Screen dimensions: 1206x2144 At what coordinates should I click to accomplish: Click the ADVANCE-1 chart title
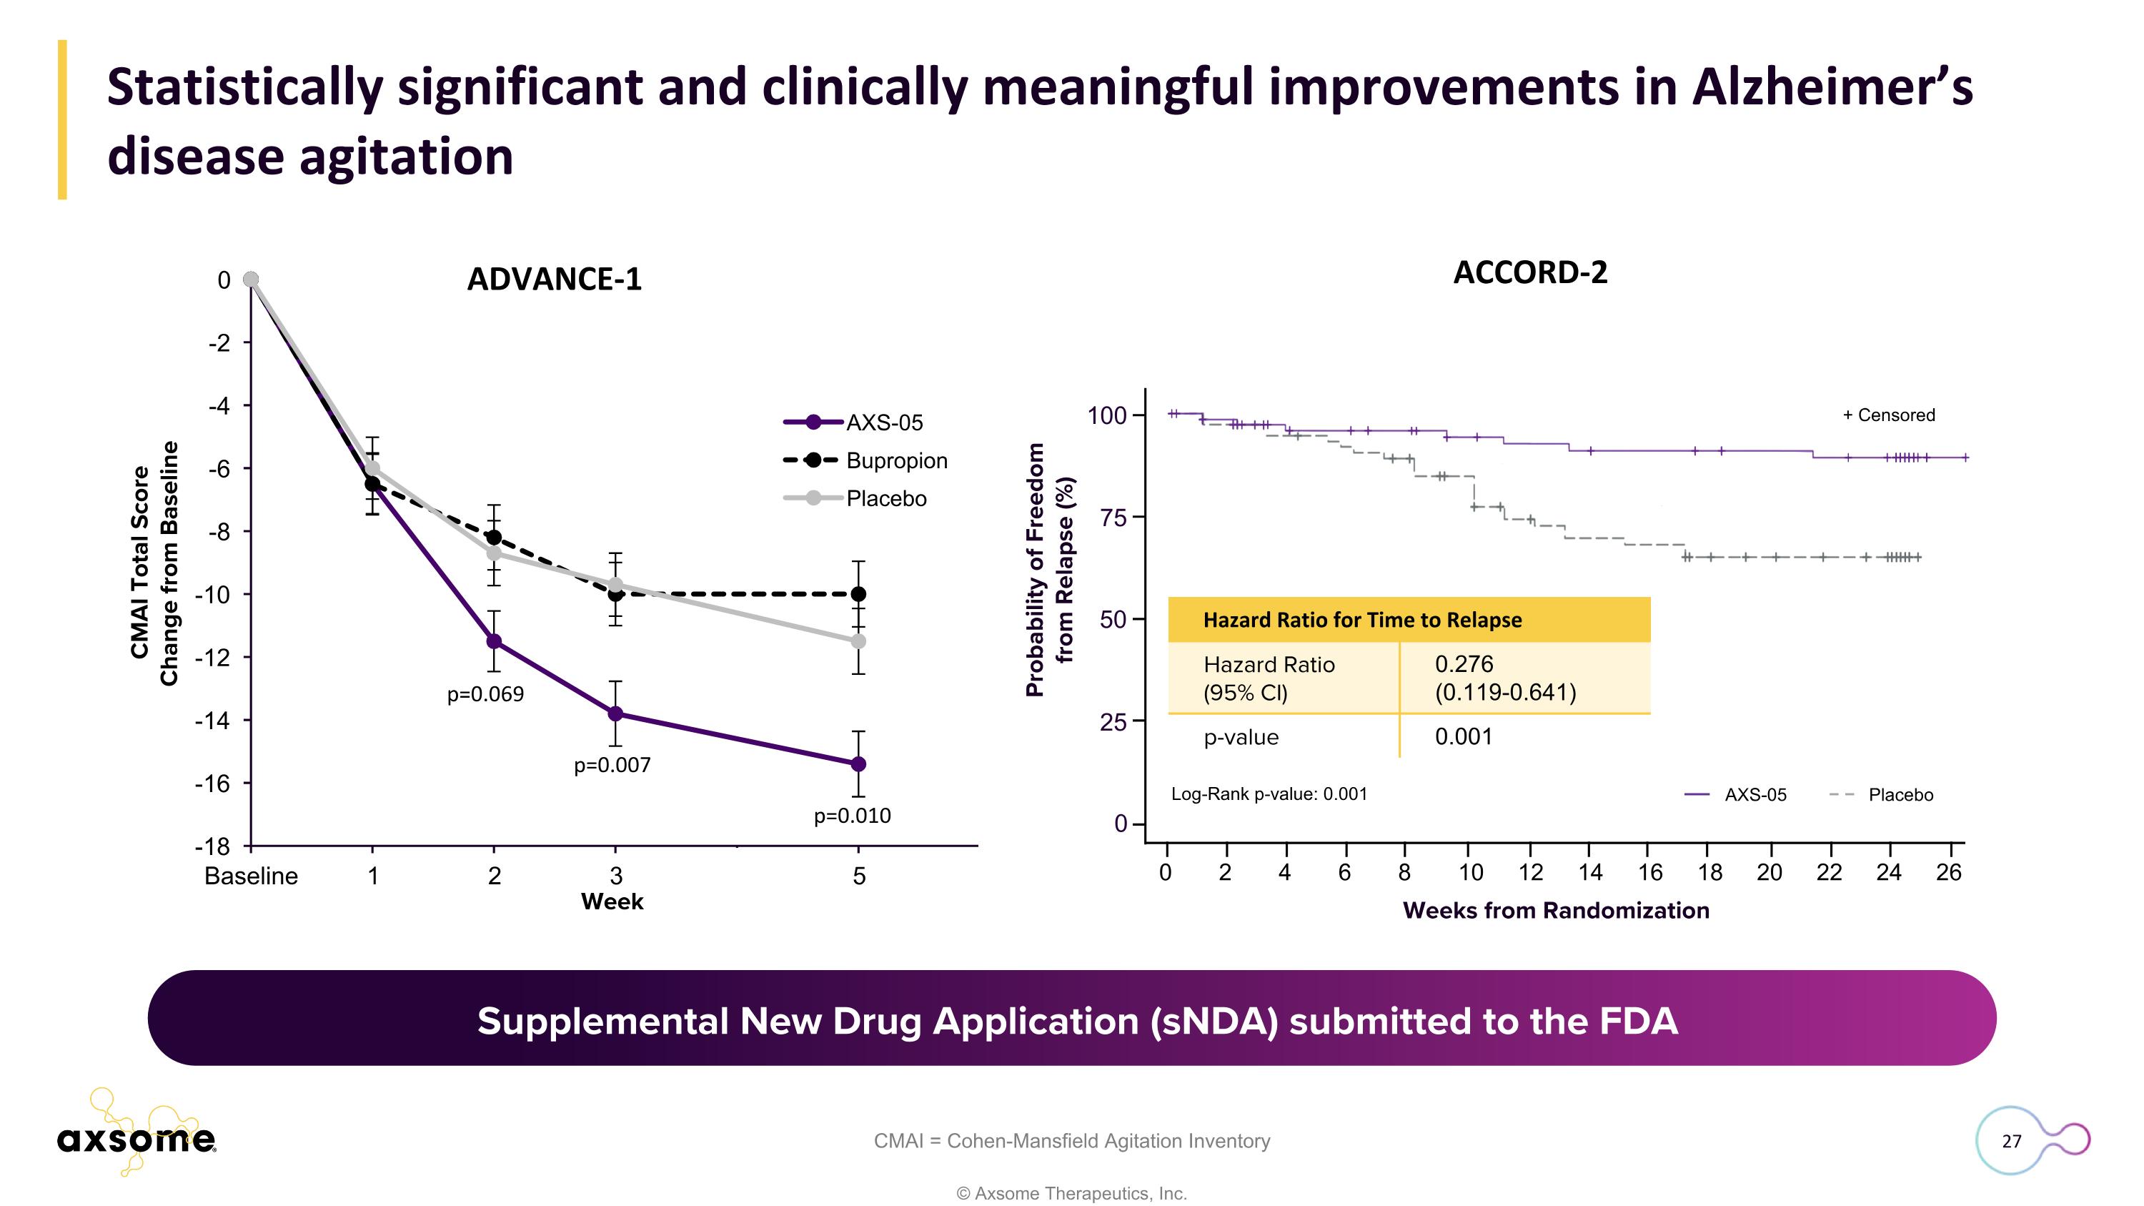[555, 279]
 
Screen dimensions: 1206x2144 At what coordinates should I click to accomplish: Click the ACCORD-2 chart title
[1530, 272]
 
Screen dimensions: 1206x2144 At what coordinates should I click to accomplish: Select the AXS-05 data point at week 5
[858, 764]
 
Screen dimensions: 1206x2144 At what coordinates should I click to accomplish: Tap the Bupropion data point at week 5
[858, 594]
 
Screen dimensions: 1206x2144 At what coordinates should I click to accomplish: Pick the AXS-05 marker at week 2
[494, 641]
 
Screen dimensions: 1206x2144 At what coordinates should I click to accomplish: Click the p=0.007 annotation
[612, 765]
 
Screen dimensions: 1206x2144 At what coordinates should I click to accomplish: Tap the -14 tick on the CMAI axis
[213, 720]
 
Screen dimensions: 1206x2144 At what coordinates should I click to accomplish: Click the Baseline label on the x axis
[251, 876]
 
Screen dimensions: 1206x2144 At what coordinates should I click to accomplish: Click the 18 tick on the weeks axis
[1709, 872]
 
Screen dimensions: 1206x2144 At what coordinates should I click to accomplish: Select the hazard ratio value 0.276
[1464, 664]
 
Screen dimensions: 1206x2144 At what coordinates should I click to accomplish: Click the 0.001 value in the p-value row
[1463, 736]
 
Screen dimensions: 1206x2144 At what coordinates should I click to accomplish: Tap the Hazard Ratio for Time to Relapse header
[1361, 620]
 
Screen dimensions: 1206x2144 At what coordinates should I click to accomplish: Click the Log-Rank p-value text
[1269, 794]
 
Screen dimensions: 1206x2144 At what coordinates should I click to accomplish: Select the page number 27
[2011, 1141]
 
